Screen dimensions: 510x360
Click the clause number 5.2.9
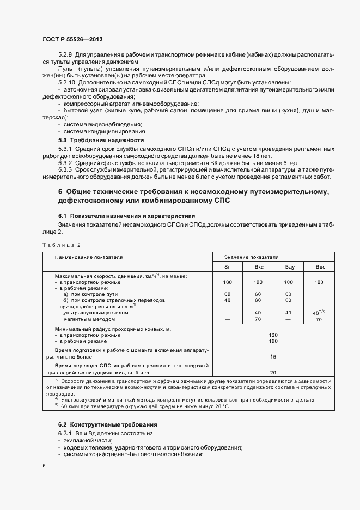coord(65,56)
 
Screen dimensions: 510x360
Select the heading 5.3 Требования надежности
coord(93,140)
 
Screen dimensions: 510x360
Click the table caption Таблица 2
coord(61,245)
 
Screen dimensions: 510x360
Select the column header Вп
coord(227,267)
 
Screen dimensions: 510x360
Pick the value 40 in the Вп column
coord(227,300)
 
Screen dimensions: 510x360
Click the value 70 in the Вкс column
coord(258,319)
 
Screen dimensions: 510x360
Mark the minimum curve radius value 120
coord(273,335)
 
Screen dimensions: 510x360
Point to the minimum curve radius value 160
coord(273,341)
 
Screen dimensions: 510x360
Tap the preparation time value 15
coord(273,356)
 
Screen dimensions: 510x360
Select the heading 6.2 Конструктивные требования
coord(107,424)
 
